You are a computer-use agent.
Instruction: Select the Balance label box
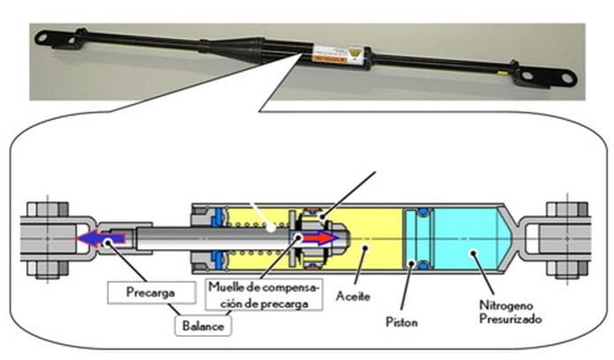[203, 325]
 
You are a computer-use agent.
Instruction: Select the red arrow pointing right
[320, 238]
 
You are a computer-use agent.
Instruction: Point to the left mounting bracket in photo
[57, 37]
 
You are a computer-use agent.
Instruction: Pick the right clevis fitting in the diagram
[558, 238]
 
